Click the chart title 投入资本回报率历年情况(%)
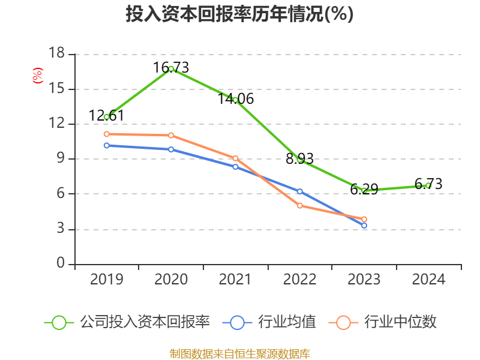[239, 14]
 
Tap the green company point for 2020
[171, 69]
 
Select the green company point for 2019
[107, 116]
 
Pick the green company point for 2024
[428, 185]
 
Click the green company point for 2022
[300, 160]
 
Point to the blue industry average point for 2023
[364, 226]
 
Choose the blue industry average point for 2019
[107, 145]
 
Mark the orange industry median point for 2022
[300, 206]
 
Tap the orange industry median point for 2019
[107, 134]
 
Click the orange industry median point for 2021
[235, 158]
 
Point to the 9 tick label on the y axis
[60, 159]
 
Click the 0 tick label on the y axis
[60, 264]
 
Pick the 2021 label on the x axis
[235, 280]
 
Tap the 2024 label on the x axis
[428, 280]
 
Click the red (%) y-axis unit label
[38, 76]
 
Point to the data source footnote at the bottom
[239, 353]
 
